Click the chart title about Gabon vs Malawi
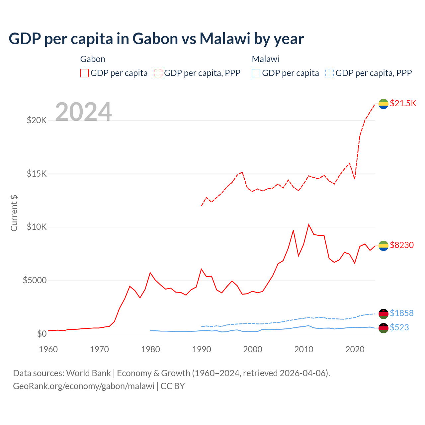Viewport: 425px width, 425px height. [x=156, y=39]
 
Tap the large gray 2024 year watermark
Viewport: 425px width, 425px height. [x=83, y=112]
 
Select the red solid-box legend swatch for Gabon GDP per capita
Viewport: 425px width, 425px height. [x=85, y=73]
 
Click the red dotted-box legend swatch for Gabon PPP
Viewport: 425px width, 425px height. [x=158, y=73]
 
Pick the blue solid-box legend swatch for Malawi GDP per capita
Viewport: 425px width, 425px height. [x=256, y=73]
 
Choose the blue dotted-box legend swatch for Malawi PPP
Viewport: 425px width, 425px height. [x=330, y=73]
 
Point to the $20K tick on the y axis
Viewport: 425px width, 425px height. [x=37, y=120]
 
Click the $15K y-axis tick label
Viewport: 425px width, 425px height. [x=37, y=174]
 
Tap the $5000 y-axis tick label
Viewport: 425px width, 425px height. [x=35, y=281]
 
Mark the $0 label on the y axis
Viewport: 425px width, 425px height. [x=42, y=334]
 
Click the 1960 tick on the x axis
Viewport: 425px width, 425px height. [x=48, y=349]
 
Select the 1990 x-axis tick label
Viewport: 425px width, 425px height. [x=202, y=349]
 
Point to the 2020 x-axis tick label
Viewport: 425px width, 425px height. [x=355, y=349]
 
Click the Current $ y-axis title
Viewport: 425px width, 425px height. [x=14, y=213]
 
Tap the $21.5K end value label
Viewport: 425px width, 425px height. [x=403, y=103]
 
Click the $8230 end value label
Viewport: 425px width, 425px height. [x=402, y=245]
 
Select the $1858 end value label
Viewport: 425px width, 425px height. [x=402, y=313]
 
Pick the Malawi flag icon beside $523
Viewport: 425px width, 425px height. [x=383, y=328]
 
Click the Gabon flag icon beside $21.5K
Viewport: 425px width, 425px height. [x=383, y=104]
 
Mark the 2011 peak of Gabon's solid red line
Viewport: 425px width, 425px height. [x=309, y=224]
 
